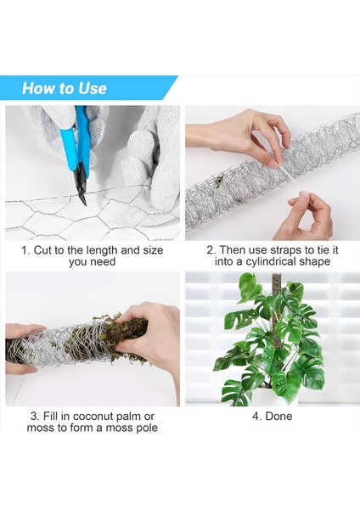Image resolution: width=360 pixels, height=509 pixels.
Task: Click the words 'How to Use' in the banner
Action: click(65, 88)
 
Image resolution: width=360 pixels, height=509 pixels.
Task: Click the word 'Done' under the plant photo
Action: click(278, 417)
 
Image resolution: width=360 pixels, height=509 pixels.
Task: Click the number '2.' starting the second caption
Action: click(211, 250)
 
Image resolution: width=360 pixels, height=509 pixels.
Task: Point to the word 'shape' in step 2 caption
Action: click(314, 262)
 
